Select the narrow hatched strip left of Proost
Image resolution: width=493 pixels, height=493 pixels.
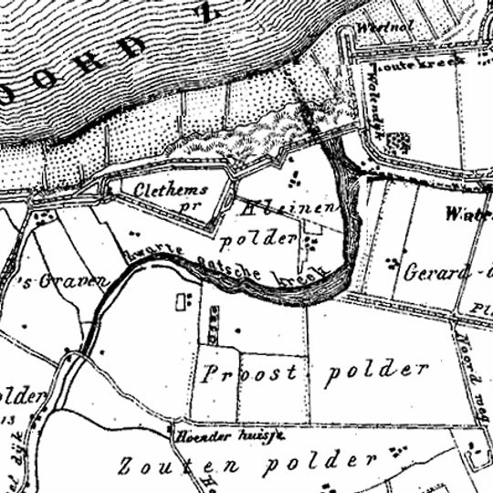[x=215, y=320]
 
